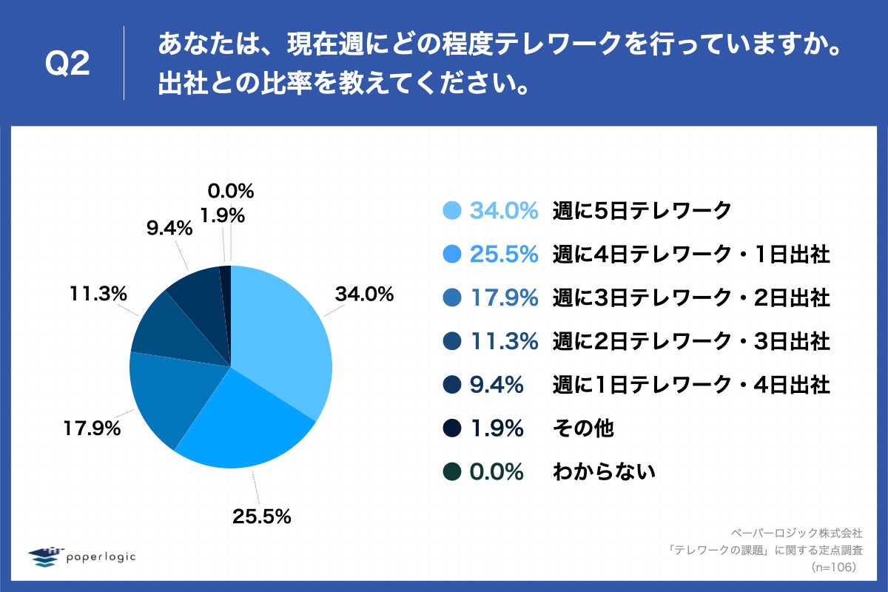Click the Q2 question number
(x=67, y=65)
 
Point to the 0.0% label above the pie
(x=231, y=192)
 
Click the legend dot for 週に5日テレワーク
(x=452, y=211)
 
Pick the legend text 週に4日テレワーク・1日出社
(x=691, y=255)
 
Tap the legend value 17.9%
(x=503, y=298)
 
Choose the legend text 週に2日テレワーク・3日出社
(x=691, y=341)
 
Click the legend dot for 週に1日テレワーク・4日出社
(x=452, y=385)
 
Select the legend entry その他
(x=583, y=428)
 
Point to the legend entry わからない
(x=604, y=471)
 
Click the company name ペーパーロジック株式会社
(x=797, y=532)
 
